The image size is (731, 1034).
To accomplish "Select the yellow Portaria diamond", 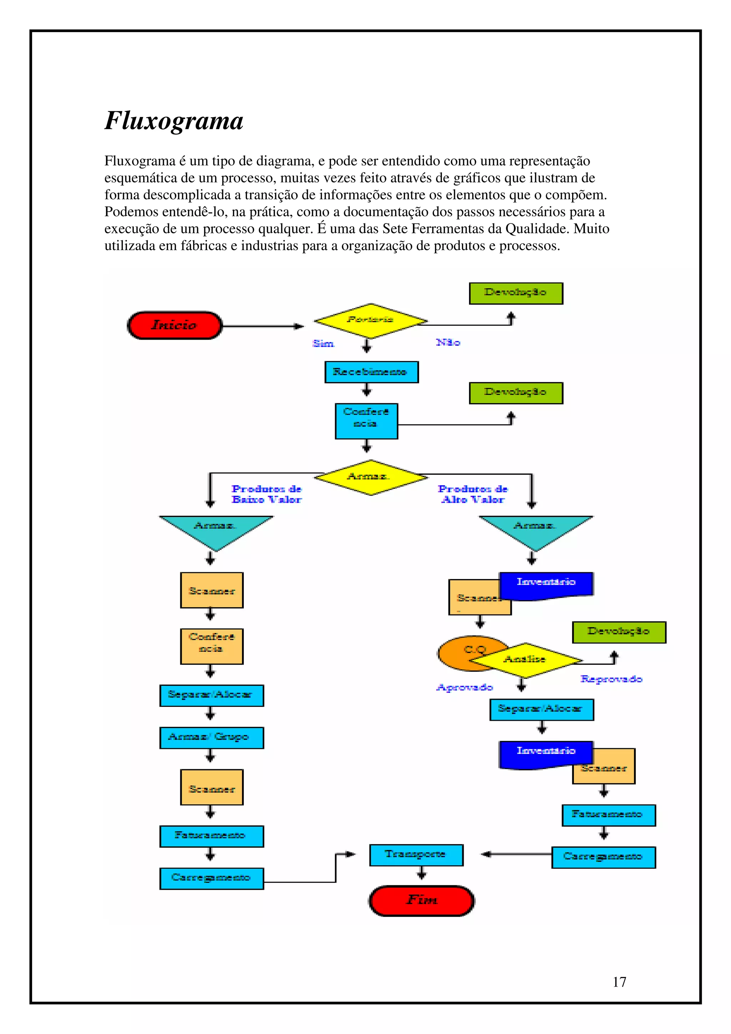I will click(x=370, y=320).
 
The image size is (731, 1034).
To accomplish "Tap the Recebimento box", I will click(x=371, y=372).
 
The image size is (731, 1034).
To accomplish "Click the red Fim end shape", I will click(x=422, y=901).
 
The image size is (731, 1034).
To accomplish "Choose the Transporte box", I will click(x=416, y=855).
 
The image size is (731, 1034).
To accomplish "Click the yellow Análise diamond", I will click(x=525, y=660).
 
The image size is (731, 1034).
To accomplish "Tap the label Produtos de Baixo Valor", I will click(x=266, y=494).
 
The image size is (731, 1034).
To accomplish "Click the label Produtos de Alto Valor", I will click(x=473, y=494).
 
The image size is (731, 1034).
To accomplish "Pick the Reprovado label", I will click(x=611, y=679).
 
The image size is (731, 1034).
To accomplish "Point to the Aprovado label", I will click(x=464, y=687).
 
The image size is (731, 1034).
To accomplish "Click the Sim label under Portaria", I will click(x=323, y=344).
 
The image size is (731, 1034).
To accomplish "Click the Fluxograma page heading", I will click(x=174, y=121).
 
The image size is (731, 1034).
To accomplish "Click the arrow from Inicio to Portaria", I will click(x=263, y=326).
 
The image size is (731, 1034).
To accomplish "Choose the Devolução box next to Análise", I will click(x=619, y=632).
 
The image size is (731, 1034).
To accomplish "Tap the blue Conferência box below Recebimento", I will click(x=366, y=421).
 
